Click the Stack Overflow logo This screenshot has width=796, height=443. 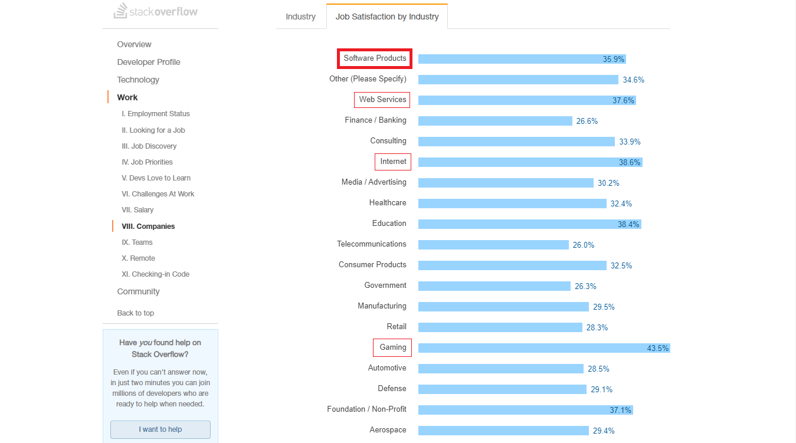tap(156, 11)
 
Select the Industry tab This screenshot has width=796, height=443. tap(300, 17)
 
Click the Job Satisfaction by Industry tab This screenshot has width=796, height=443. tap(387, 17)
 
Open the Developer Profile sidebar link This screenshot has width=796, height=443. tap(149, 62)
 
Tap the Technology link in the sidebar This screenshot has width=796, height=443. tap(138, 80)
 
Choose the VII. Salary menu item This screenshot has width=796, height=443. tap(137, 210)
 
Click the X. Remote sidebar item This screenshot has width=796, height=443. tap(138, 258)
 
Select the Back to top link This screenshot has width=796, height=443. tap(136, 313)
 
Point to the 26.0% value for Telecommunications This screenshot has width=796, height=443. tap(584, 245)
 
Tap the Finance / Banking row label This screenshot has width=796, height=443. tap(375, 120)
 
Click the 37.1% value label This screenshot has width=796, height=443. tap(620, 410)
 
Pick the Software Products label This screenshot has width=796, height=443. tap(375, 58)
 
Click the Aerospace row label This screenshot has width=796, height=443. tap(388, 430)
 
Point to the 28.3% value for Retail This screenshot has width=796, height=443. tap(597, 327)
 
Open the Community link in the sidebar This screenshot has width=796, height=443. tap(138, 291)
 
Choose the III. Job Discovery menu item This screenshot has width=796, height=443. tap(149, 146)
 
